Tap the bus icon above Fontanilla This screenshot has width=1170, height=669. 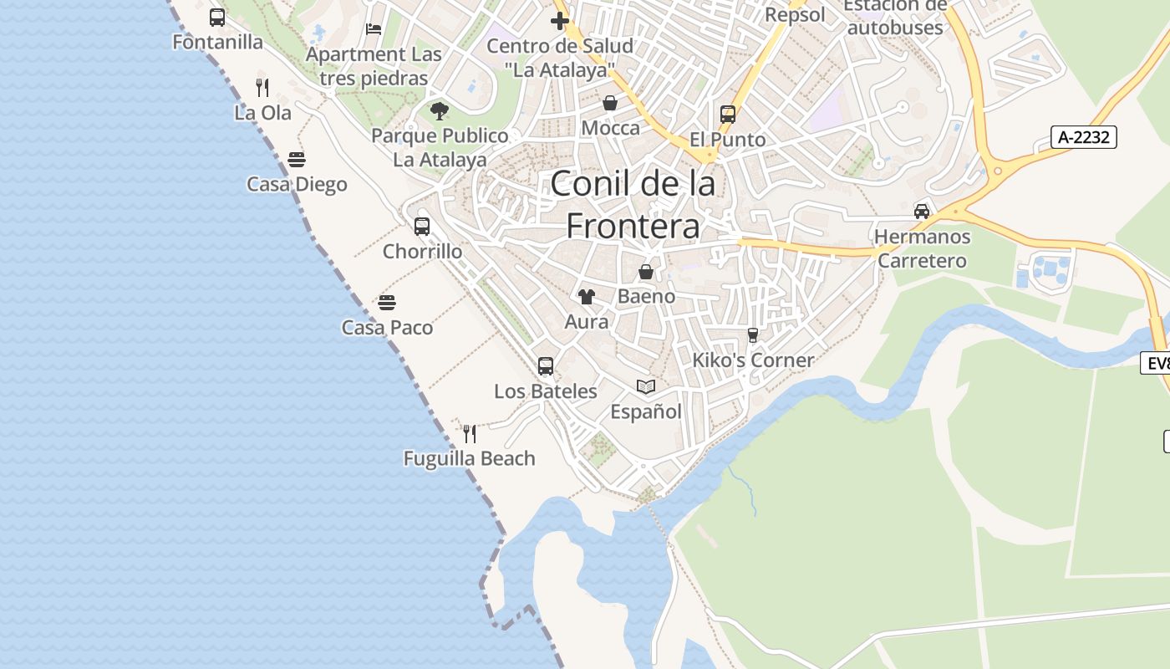217,17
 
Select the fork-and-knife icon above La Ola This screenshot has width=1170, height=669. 262,87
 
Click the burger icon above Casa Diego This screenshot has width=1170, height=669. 297,159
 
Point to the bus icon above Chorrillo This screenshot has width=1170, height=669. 422,226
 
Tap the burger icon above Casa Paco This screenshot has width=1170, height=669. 387,302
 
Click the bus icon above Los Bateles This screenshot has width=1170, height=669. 546,365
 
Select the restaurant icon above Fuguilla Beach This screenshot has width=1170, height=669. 470,433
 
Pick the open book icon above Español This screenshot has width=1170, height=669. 646,386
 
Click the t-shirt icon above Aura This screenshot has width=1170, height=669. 587,296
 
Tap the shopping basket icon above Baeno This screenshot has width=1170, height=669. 646,272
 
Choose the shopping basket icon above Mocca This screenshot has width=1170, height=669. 610,103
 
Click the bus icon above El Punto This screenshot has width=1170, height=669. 728,115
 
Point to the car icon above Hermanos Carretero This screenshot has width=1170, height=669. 922,211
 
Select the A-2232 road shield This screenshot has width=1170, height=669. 1084,137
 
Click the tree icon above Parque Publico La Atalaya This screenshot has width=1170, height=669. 440,110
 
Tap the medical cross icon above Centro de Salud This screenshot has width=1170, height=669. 560,20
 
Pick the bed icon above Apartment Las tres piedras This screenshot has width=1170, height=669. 374,29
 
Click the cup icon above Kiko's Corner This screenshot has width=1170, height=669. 753,335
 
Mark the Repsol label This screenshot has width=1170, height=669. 795,15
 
